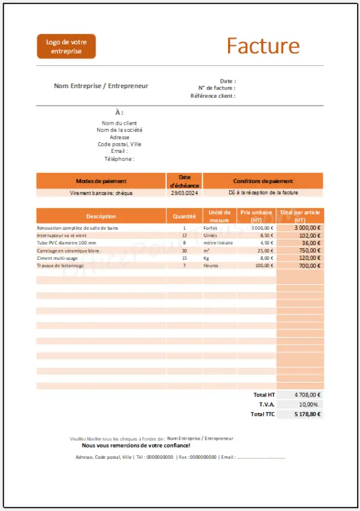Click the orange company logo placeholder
[x=66, y=47]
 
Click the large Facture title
[x=263, y=46]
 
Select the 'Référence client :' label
[x=212, y=96]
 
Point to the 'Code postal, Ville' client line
[x=119, y=144]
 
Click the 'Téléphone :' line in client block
[x=119, y=159]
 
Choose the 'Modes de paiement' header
[x=101, y=181]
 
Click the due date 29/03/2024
[x=184, y=193]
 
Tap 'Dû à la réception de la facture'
[x=263, y=193]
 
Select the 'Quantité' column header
[x=184, y=216]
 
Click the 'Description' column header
[x=101, y=216]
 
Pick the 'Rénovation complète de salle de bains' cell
[x=77, y=229]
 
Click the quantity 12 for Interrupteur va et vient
[x=184, y=236]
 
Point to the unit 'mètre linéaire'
[x=217, y=243]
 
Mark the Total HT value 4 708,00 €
[x=308, y=395]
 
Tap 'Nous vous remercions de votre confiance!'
[x=136, y=446]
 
